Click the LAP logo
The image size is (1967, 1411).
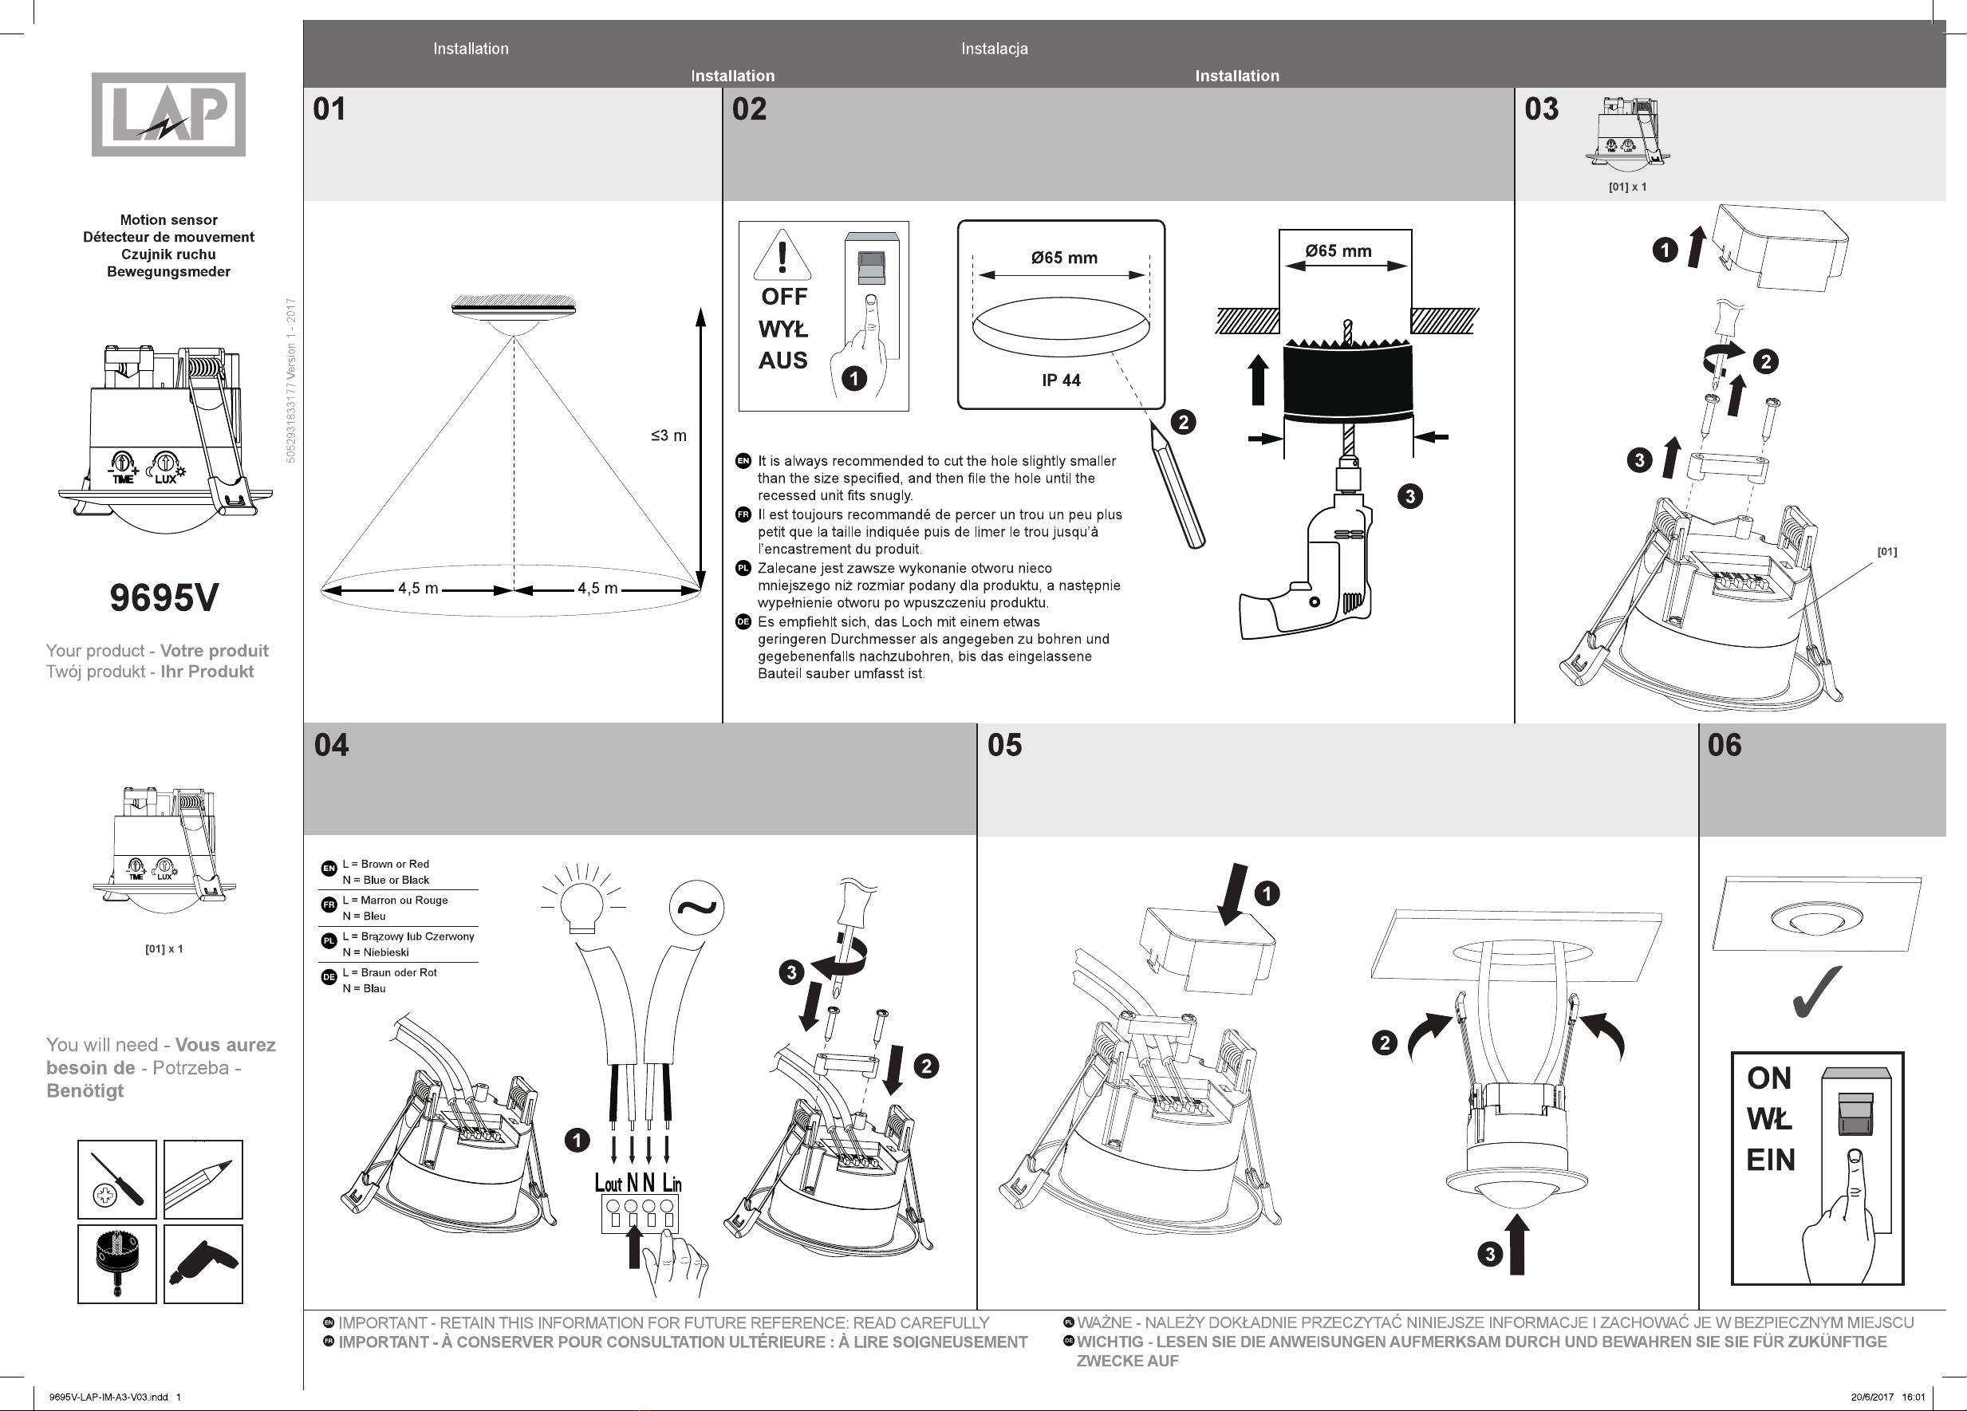coord(168,115)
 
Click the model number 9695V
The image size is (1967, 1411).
coord(164,597)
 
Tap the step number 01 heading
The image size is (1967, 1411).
coord(329,109)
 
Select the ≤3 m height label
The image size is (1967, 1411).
coord(668,436)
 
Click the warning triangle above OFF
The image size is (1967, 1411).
coord(782,255)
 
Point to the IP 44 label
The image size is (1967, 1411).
coord(1061,380)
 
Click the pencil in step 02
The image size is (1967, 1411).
coord(1179,486)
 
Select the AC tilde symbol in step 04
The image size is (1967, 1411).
coord(696,907)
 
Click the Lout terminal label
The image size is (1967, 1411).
coord(608,1183)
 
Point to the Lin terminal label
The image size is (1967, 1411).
coord(672,1183)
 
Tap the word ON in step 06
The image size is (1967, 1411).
coord(1769,1078)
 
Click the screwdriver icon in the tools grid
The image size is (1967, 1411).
coord(117,1180)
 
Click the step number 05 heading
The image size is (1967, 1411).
coord(1004,745)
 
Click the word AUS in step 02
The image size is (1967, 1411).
coord(783,361)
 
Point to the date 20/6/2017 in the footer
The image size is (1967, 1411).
coord(1872,1397)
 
